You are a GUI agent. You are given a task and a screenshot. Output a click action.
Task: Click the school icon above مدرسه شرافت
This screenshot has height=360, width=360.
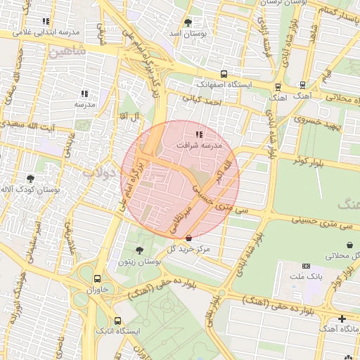[x=199, y=134]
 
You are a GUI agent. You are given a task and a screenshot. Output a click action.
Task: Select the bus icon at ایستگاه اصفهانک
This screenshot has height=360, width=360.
[x=224, y=74]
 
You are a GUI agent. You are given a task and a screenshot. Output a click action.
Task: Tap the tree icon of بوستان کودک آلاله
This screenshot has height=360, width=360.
[x=30, y=179]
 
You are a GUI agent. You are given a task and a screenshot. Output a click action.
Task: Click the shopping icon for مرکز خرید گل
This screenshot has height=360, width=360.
[x=188, y=238]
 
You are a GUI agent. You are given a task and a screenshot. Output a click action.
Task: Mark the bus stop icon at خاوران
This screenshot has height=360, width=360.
[x=97, y=278]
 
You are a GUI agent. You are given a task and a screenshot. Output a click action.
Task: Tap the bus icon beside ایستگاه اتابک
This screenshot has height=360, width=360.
[x=117, y=320]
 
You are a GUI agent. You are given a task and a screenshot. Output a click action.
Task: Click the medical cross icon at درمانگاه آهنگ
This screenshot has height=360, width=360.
[x=342, y=319]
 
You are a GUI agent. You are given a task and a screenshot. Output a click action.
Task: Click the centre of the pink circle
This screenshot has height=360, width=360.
[x=181, y=180]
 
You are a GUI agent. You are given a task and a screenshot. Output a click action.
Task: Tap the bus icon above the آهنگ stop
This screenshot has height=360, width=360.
[x=278, y=87]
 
